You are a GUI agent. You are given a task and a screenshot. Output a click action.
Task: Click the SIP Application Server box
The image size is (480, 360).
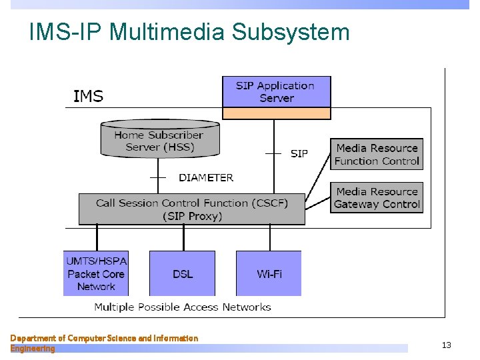[276, 92]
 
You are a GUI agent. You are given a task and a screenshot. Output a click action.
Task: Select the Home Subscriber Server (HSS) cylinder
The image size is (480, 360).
[159, 141]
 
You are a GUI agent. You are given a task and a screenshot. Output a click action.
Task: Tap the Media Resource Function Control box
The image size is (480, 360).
[377, 154]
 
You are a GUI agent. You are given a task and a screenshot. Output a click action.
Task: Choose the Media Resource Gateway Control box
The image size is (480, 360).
[377, 198]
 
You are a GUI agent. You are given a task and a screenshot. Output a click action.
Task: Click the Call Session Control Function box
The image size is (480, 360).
[192, 209]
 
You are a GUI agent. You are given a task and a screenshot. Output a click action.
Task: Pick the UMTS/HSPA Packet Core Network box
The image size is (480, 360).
[96, 273]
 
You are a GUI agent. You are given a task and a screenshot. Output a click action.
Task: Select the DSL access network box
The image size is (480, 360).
[182, 273]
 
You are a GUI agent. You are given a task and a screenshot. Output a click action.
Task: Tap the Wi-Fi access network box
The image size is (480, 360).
[269, 273]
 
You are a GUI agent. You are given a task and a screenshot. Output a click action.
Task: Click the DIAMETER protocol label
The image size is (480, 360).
[206, 178]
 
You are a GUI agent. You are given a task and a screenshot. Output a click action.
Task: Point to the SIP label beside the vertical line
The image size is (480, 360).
[299, 154]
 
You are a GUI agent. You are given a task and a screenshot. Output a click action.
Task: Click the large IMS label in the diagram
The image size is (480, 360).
[88, 96]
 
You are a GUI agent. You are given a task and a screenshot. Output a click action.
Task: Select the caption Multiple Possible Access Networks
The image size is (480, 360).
[182, 307]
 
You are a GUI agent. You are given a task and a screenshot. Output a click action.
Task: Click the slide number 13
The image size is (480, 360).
[446, 345]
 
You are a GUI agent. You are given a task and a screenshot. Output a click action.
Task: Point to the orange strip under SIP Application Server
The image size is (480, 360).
[276, 113]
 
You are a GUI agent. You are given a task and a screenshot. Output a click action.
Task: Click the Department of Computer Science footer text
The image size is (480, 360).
[104, 339]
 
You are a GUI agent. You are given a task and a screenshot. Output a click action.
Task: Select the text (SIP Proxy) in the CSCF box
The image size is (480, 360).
[192, 216]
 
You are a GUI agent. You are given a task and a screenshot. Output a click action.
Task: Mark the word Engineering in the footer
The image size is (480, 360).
[33, 349]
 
